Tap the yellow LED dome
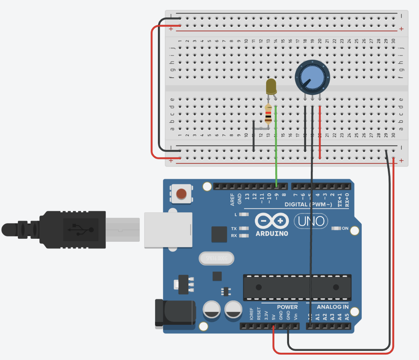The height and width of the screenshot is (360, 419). (271, 86)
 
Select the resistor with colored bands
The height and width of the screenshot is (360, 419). (268, 114)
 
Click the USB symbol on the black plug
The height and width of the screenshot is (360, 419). (81, 229)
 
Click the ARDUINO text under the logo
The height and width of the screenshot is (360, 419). (272, 233)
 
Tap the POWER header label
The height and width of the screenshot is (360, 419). (287, 307)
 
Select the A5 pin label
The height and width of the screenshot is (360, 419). (347, 316)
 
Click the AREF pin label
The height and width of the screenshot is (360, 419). (232, 200)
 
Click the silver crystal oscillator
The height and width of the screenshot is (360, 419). (216, 259)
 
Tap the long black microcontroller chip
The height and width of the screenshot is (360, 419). (297, 287)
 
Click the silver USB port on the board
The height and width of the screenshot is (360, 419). (168, 230)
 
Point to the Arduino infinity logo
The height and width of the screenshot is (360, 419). (272, 221)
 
